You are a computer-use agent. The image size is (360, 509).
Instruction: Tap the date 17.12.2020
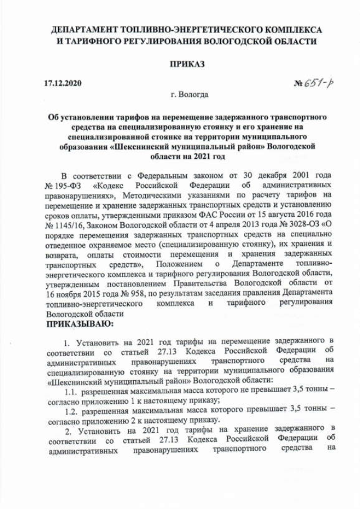click(62, 84)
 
